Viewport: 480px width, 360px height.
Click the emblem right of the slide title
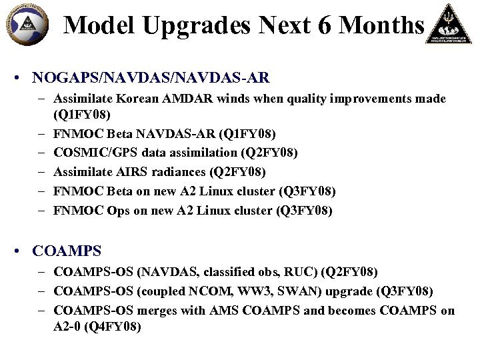[x=451, y=24]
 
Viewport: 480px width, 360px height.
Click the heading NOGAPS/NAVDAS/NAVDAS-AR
[x=151, y=77]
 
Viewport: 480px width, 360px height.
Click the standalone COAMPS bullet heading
[x=67, y=251]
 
